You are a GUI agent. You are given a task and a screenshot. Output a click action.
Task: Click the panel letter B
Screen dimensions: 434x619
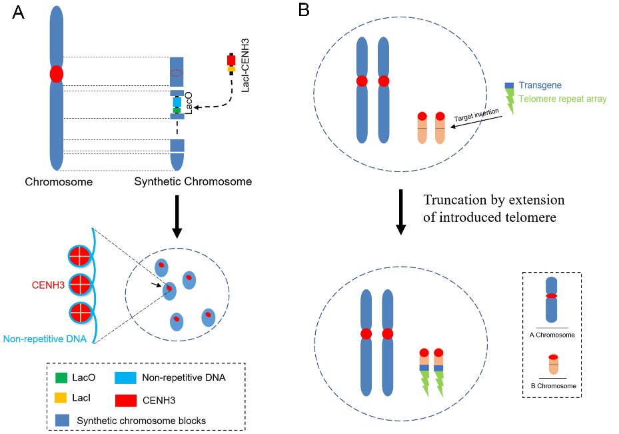304,11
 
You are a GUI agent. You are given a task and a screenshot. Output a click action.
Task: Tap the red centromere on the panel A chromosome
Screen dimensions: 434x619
56,73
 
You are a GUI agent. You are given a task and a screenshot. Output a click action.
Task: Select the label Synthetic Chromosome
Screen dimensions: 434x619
193,181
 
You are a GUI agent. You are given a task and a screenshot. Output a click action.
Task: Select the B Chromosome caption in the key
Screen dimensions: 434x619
556,385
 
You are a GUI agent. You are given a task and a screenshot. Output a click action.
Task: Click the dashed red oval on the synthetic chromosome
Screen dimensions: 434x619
177,73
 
